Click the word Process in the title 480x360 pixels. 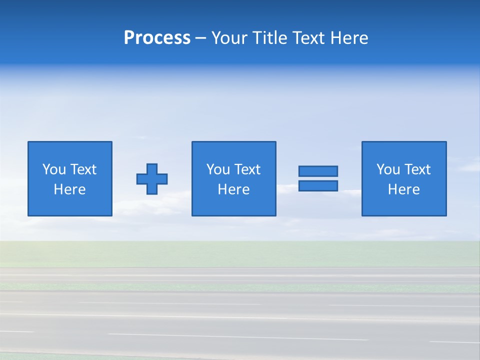[157, 38]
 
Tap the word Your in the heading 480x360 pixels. [230, 38]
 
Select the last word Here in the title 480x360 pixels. [349, 38]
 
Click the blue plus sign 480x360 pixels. [152, 178]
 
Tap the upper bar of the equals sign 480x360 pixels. [318, 171]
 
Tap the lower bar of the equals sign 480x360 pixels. [318, 186]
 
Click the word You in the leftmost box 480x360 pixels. [54, 169]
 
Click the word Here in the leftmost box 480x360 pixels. [70, 189]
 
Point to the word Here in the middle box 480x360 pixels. [234, 189]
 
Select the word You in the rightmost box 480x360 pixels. [388, 169]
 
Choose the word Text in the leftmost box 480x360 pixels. [83, 169]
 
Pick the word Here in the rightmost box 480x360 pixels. [404, 189]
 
